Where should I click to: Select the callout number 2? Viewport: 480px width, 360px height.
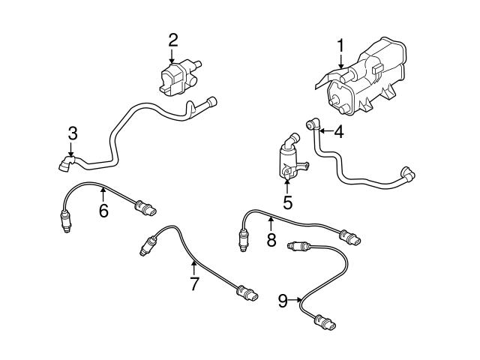[x=172, y=40]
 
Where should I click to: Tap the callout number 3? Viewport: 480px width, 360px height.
[x=72, y=134]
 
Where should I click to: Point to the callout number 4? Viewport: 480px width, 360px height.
[x=339, y=133]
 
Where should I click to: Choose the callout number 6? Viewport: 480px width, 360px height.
[x=103, y=211]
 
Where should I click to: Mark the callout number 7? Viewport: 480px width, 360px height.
[x=194, y=283]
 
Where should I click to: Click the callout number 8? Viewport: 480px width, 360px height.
[x=271, y=240]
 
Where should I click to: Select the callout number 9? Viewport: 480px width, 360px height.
[x=283, y=301]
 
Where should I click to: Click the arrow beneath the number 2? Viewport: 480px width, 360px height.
[x=172, y=57]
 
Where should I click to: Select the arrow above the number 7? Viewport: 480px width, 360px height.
[x=194, y=267]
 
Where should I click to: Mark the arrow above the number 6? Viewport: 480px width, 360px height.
[x=103, y=195]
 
